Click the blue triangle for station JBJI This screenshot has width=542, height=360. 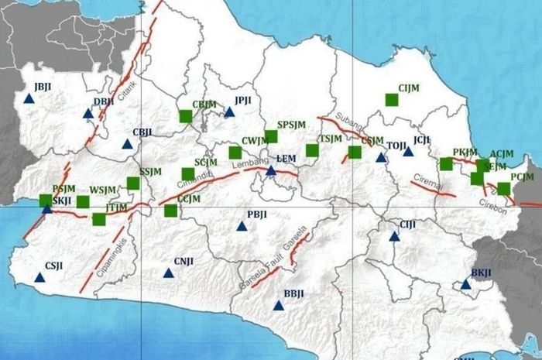(29, 98)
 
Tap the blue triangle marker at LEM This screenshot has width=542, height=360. (271, 170)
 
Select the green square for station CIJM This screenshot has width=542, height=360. (392, 99)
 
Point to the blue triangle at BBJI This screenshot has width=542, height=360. (279, 305)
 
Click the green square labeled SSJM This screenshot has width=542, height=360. (133, 183)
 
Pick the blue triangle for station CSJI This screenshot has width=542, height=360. (39, 277)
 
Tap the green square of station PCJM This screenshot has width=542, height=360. (504, 188)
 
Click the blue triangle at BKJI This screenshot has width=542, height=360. (465, 284)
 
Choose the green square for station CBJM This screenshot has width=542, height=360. (186, 116)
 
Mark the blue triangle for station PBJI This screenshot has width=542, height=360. (242, 226)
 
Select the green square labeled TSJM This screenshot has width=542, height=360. (312, 150)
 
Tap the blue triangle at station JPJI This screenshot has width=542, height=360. (229, 112)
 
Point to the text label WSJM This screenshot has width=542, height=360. (102, 190)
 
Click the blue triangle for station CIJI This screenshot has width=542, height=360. (394, 235)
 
